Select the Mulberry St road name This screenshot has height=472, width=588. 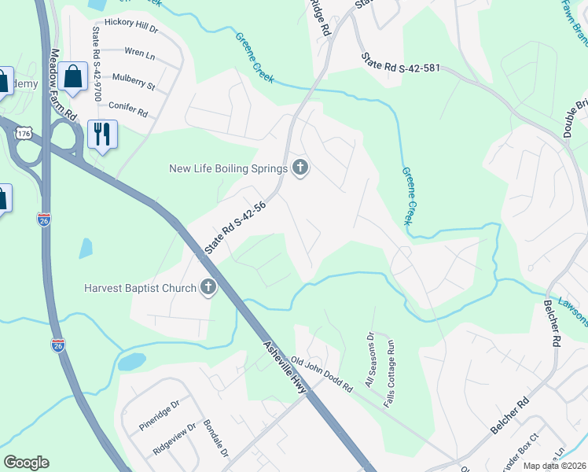pyautogui.click(x=133, y=79)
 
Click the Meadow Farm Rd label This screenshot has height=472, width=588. pyautogui.click(x=64, y=86)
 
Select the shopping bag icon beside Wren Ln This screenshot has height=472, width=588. pyautogui.click(x=72, y=77)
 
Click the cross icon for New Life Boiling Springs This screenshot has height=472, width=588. pyautogui.click(x=300, y=167)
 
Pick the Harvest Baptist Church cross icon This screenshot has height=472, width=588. pyautogui.click(x=208, y=287)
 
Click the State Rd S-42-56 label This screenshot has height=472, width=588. pyautogui.click(x=235, y=228)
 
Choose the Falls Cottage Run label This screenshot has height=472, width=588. pyautogui.click(x=391, y=364)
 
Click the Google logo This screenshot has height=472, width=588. pyautogui.click(x=27, y=462)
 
